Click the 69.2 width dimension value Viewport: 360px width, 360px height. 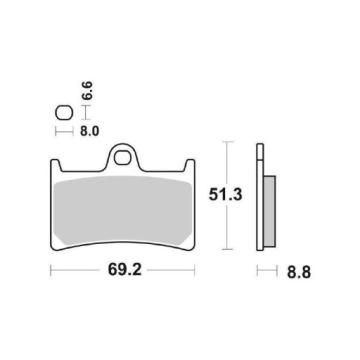[x=123, y=269]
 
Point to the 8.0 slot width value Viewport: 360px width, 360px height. [x=83, y=130]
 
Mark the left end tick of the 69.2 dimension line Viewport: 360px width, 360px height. [x=50, y=270]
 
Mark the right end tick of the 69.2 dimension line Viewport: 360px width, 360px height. [x=196, y=270]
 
